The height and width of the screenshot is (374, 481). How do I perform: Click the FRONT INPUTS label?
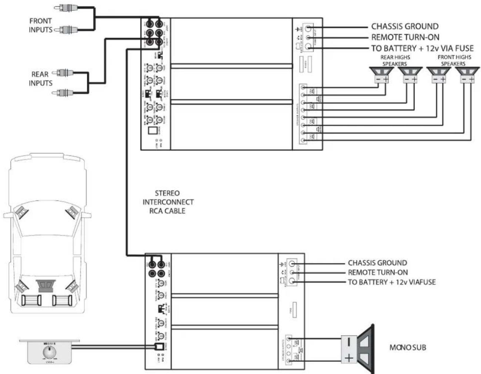click(x=40, y=25)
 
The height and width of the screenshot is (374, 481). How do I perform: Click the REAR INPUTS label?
click(x=40, y=79)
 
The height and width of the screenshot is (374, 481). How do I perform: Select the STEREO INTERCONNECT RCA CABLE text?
click(x=168, y=202)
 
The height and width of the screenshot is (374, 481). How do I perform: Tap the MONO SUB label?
click(x=407, y=347)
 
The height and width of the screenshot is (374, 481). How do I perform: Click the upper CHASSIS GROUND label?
click(x=404, y=26)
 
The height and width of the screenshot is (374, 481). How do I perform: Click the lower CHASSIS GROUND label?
click(x=377, y=263)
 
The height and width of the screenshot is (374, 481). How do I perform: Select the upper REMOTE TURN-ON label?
click(x=405, y=37)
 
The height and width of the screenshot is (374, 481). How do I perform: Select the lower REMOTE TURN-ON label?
click(x=377, y=273)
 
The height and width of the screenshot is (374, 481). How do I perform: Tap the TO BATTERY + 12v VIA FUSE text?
click(x=422, y=48)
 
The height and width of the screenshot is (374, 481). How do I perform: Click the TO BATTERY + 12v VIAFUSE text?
click(x=391, y=282)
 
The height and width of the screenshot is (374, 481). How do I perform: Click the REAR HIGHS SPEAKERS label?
click(x=395, y=60)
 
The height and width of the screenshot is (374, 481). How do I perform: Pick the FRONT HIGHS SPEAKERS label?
click(x=454, y=60)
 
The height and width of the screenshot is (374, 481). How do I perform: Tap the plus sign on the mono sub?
click(x=349, y=358)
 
